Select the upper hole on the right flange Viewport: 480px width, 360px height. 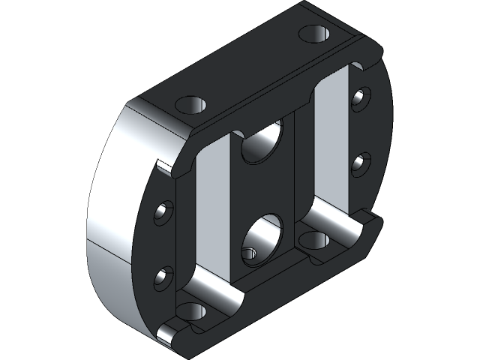361,97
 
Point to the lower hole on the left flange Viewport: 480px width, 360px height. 163,277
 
